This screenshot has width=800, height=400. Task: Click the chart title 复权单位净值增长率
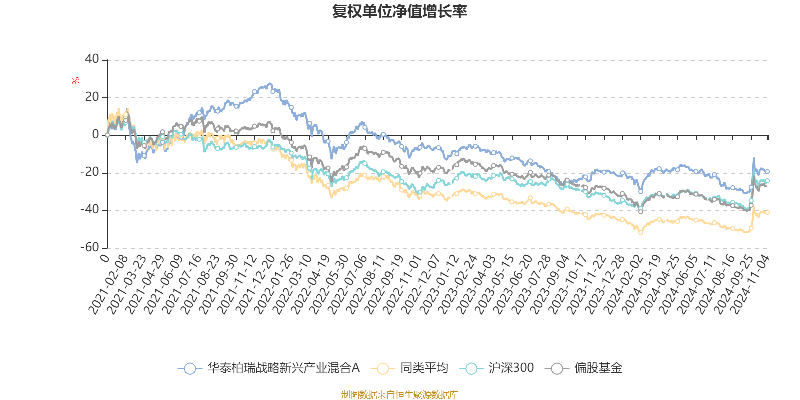click(399, 11)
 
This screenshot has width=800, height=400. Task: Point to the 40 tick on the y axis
click(92, 59)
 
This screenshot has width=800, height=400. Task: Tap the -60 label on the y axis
click(90, 247)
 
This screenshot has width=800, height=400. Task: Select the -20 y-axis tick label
click(90, 172)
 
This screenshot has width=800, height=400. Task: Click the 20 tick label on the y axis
click(92, 97)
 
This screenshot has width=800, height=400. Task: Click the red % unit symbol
click(76, 81)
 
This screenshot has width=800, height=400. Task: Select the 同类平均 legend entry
click(410, 369)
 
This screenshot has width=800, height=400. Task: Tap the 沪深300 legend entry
click(499, 369)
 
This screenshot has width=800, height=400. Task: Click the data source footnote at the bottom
click(399, 395)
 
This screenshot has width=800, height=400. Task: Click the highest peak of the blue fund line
click(270, 83)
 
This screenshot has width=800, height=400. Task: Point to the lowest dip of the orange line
click(640, 233)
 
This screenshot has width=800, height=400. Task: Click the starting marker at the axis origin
click(107, 135)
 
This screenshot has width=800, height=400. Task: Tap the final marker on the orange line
click(767, 213)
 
